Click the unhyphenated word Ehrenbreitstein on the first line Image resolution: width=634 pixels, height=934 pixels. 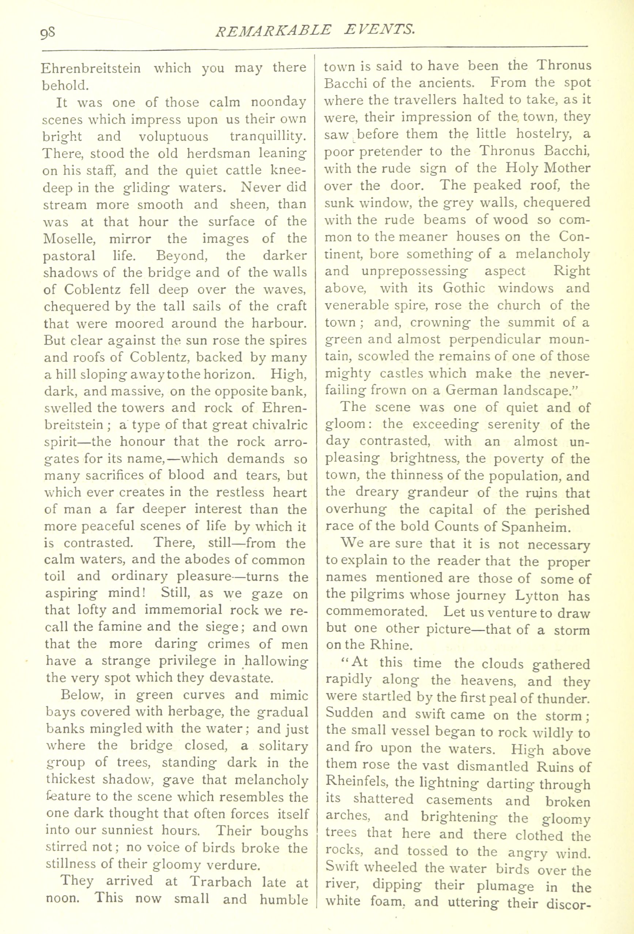pos(91,68)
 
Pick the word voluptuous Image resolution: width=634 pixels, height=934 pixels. pos(173,137)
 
